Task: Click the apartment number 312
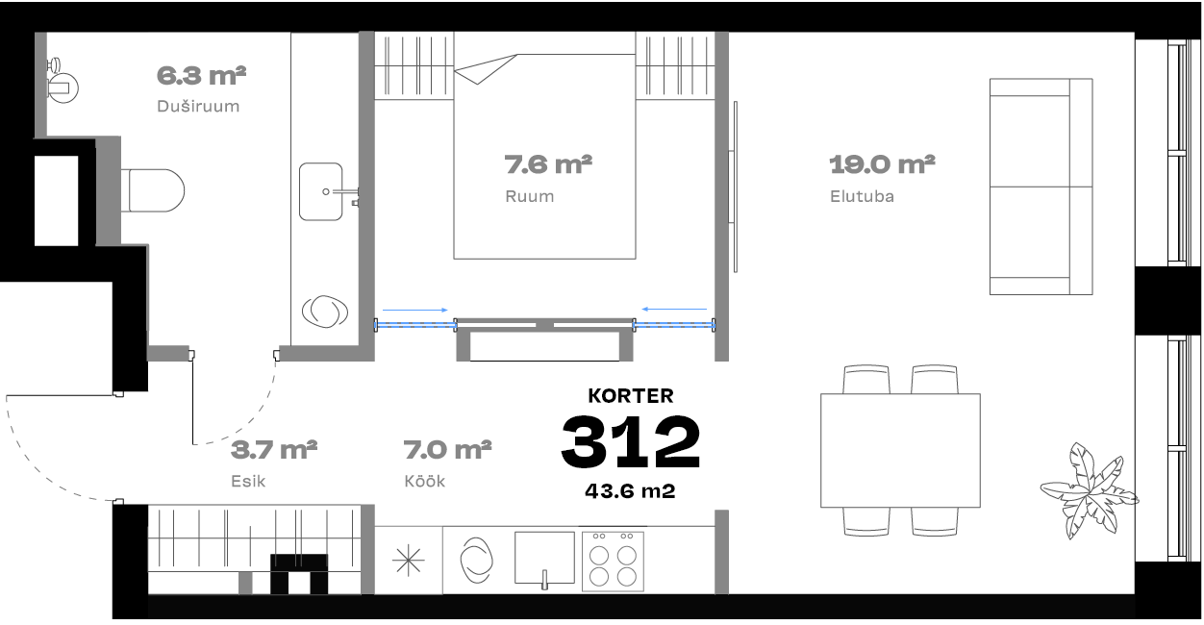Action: (x=631, y=441)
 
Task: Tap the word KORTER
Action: (x=631, y=396)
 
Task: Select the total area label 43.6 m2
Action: (x=630, y=490)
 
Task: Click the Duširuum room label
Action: (x=198, y=106)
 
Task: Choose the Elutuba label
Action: (x=863, y=196)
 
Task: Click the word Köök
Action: (x=425, y=481)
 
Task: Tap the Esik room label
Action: (x=248, y=481)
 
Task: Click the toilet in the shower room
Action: (x=153, y=190)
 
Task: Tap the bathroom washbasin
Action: (x=321, y=192)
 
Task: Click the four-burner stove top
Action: (x=613, y=561)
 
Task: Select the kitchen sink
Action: (x=544, y=559)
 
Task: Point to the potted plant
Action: (x=1090, y=490)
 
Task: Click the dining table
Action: (x=900, y=450)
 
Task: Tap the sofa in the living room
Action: (x=1041, y=187)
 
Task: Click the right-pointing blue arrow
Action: (x=414, y=310)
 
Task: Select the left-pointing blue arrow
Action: (x=674, y=309)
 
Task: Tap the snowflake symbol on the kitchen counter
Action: (x=409, y=560)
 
